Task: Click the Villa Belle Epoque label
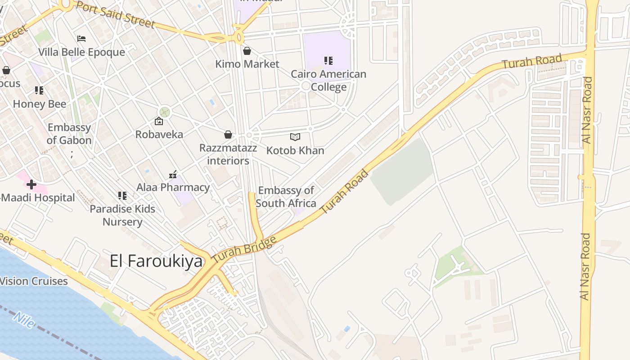pyautogui.click(x=81, y=52)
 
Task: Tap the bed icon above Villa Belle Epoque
pyautogui.click(x=81, y=39)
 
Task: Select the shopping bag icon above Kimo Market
pyautogui.click(x=247, y=51)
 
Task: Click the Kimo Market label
pyautogui.click(x=247, y=64)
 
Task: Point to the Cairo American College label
pyautogui.click(x=328, y=80)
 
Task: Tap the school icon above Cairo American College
pyautogui.click(x=328, y=60)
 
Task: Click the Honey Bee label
pyautogui.click(x=40, y=104)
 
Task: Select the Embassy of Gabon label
pyautogui.click(x=69, y=134)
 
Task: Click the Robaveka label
pyautogui.click(x=159, y=134)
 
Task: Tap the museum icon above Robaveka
pyautogui.click(x=159, y=121)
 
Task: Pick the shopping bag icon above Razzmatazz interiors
pyautogui.click(x=228, y=135)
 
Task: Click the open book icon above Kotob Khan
pyautogui.click(x=295, y=137)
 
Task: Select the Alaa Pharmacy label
pyautogui.click(x=173, y=187)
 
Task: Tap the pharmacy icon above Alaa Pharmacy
pyautogui.click(x=173, y=174)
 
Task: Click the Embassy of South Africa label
pyautogui.click(x=286, y=197)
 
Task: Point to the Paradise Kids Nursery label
pyautogui.click(x=122, y=215)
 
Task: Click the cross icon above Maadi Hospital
pyautogui.click(x=31, y=184)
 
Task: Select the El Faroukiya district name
pyautogui.click(x=156, y=261)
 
